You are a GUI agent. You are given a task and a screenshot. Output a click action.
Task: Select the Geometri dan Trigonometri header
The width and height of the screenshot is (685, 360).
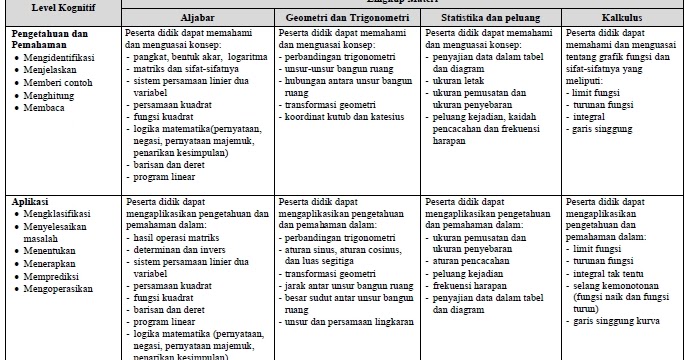(x=346, y=18)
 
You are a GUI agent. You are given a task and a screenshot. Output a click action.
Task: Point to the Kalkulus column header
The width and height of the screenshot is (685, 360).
(x=620, y=18)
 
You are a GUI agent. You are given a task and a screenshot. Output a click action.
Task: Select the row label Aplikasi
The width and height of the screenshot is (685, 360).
(x=31, y=201)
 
